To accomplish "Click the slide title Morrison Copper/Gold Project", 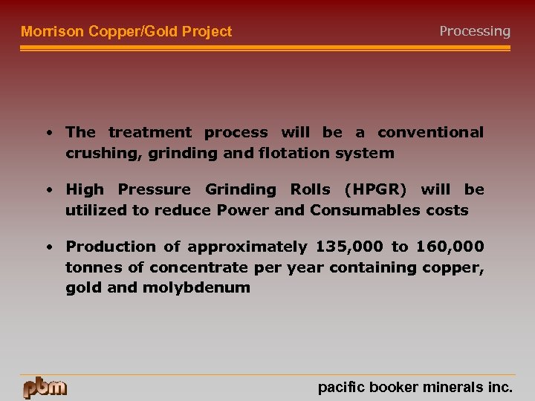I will click(x=126, y=31).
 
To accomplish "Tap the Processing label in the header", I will click(x=475, y=31).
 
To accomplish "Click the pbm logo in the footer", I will click(x=45, y=388).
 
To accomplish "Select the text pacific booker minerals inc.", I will click(x=415, y=387).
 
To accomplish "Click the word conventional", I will click(x=430, y=132).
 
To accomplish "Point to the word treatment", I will click(x=150, y=132).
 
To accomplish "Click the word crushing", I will click(x=94, y=153).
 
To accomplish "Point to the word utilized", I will click(x=96, y=210).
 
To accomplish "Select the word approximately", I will click(x=247, y=247).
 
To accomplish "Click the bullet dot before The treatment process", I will click(x=48, y=134).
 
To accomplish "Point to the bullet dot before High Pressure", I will click(x=48, y=191).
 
